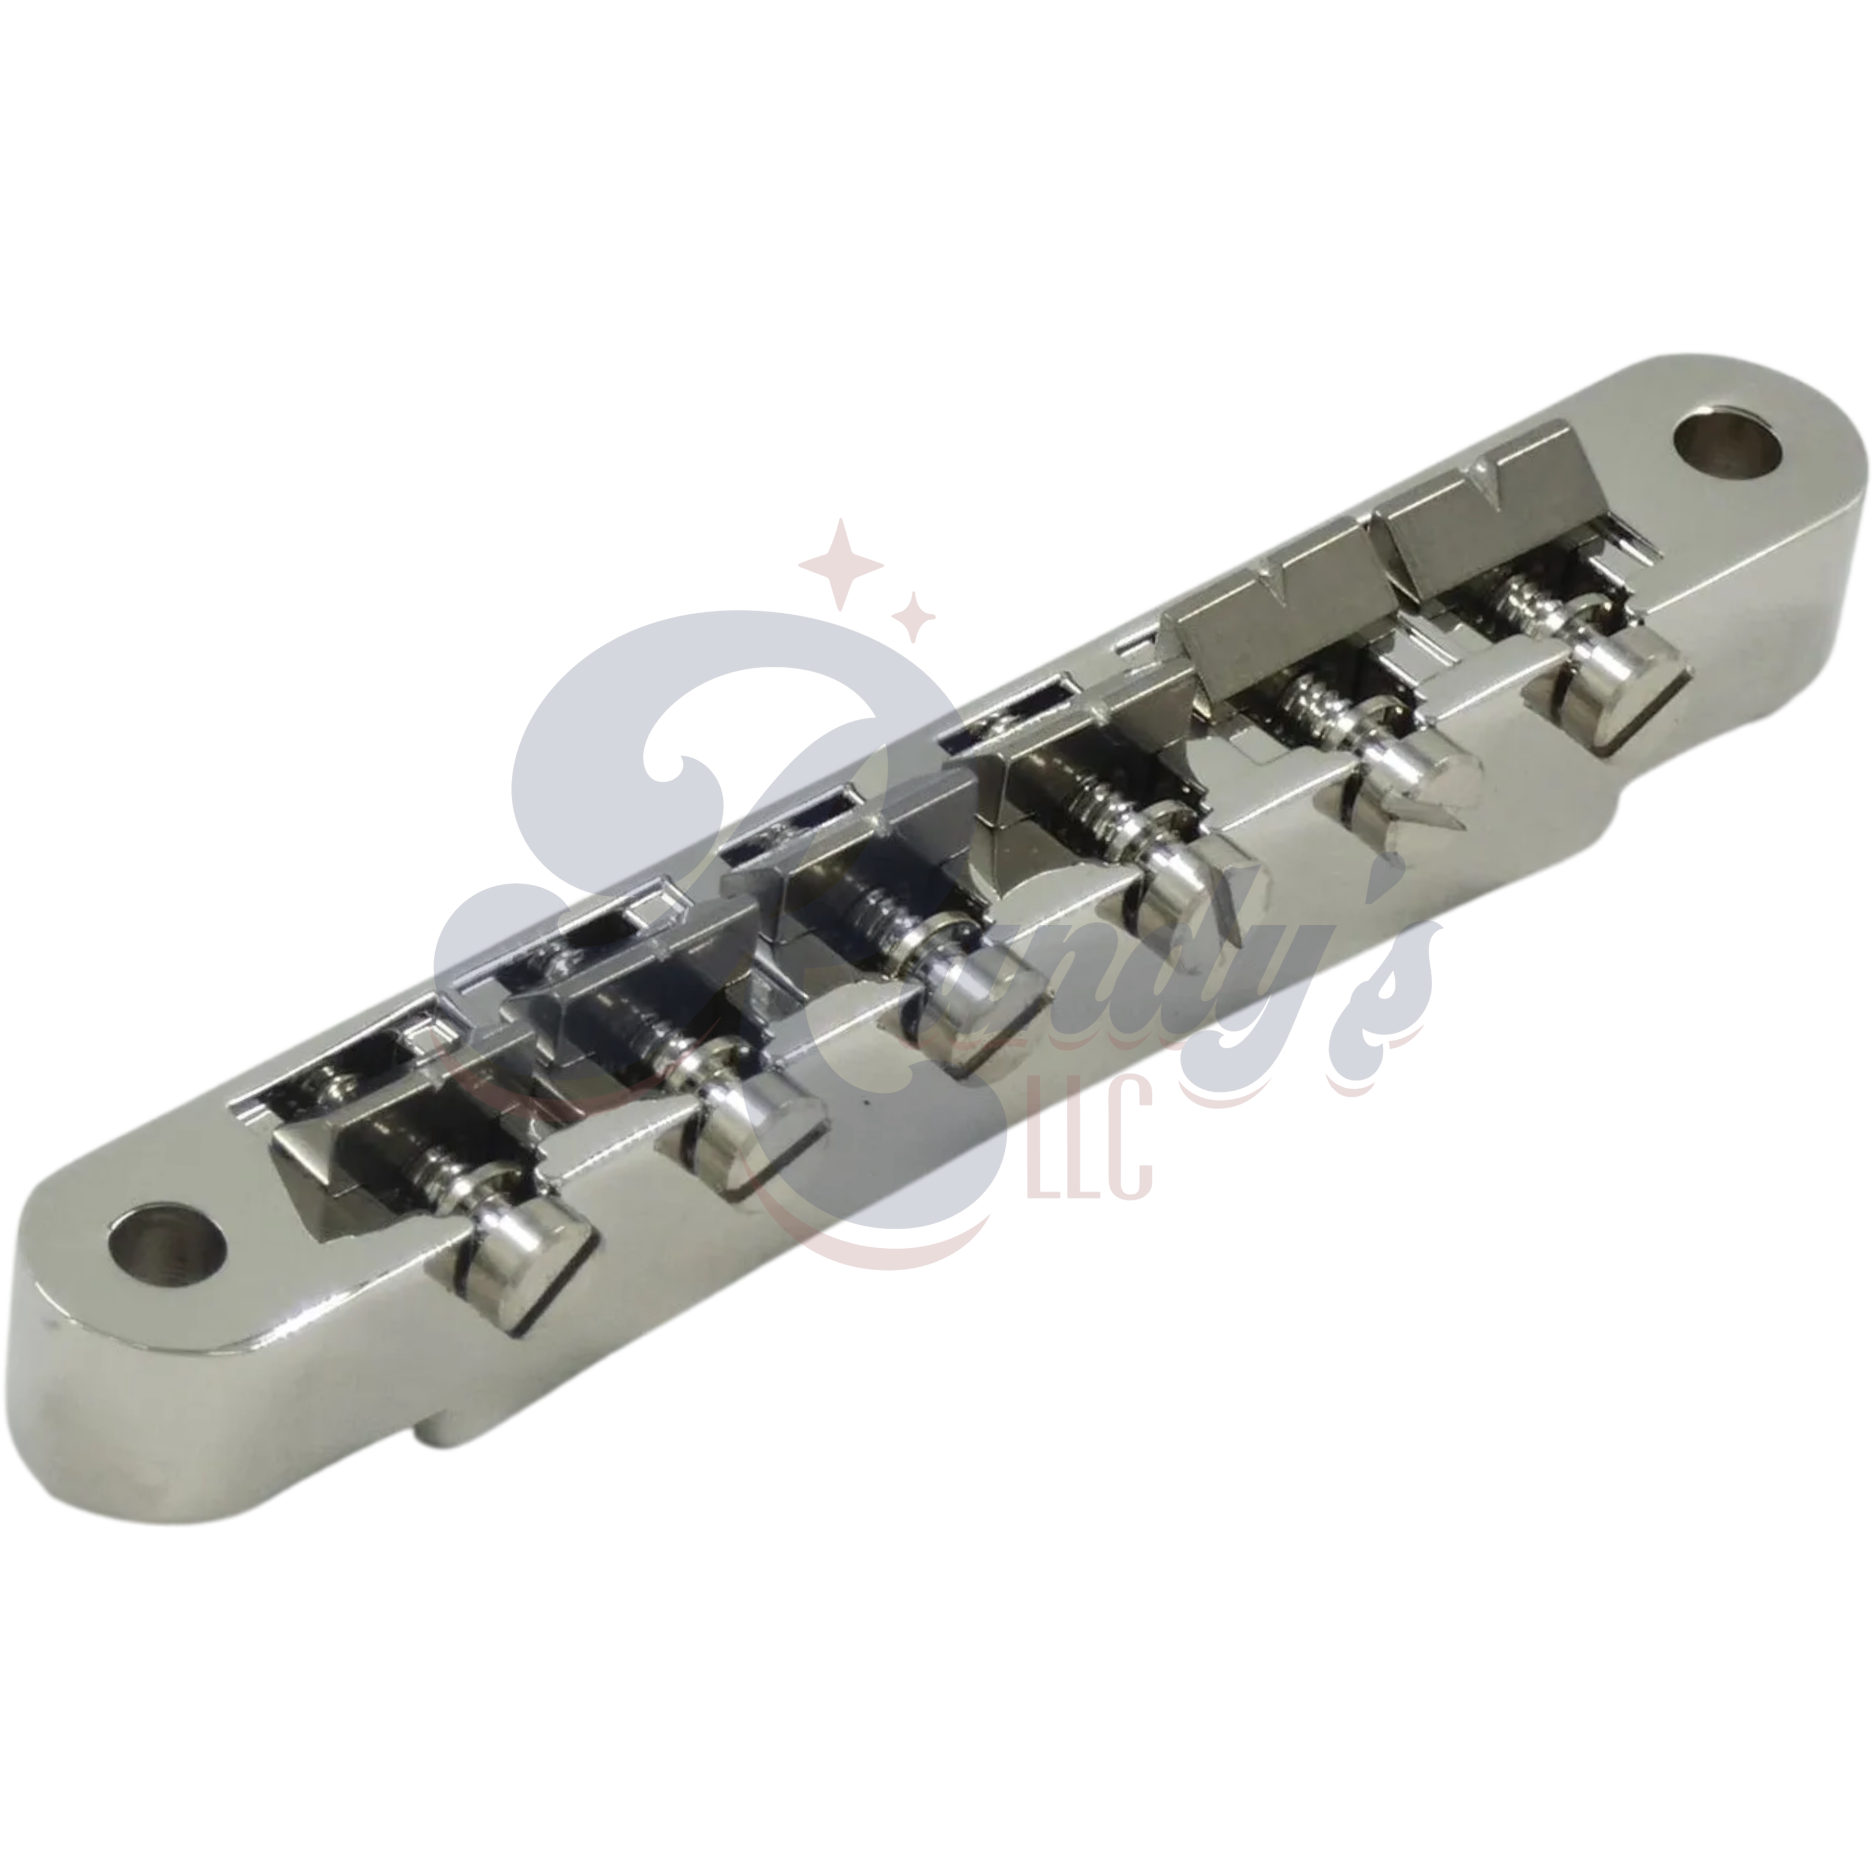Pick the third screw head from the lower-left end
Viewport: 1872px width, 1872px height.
click(x=969, y=1017)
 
